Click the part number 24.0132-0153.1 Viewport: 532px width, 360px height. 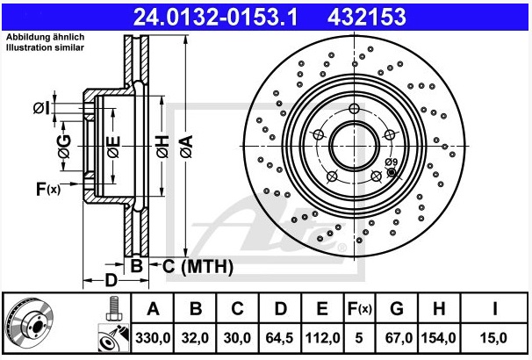(215, 17)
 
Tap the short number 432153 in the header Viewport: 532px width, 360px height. (366, 17)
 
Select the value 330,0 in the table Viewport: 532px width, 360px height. (153, 338)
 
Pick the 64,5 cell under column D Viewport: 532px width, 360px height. (279, 338)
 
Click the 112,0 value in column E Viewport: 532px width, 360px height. (322, 338)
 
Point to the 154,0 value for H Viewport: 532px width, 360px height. (438, 338)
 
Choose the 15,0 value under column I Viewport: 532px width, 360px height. (493, 338)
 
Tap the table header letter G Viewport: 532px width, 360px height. (397, 309)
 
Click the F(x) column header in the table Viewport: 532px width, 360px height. (360, 309)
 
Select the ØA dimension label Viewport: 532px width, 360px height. (186, 147)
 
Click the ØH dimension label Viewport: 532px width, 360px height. (162, 147)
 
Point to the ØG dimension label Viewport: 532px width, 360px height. (64, 147)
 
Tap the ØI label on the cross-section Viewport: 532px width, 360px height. (41, 109)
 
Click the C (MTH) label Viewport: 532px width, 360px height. (198, 267)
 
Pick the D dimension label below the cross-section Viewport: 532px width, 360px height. (111, 281)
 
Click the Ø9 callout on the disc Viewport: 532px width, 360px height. (392, 162)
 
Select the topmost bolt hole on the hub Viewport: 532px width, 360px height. (354, 109)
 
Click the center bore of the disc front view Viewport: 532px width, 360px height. (354, 147)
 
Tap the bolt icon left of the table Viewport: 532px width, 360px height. (114, 308)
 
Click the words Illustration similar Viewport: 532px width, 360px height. (45, 47)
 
